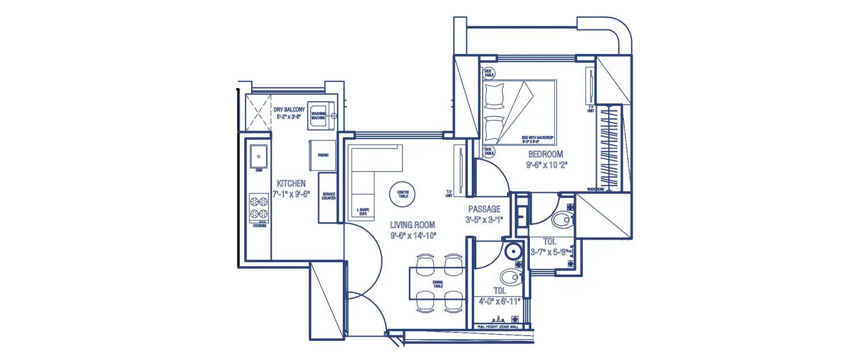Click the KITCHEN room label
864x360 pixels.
[x=291, y=183]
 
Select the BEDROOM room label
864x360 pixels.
[x=545, y=154]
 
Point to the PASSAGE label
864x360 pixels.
[x=484, y=209]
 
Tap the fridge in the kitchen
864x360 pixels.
[x=323, y=154]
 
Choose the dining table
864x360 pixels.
[x=438, y=283]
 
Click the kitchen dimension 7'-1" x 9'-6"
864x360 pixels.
[x=291, y=194]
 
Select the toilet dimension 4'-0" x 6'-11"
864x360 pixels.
[x=499, y=301]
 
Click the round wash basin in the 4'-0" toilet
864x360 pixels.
[x=512, y=252]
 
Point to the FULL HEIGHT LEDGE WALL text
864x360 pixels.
[x=498, y=327]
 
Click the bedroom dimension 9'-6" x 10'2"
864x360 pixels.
[x=545, y=165]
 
